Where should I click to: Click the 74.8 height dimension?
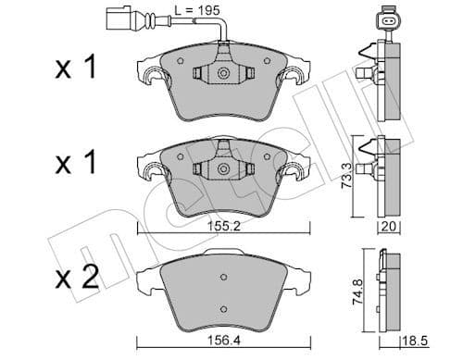[x=345, y=293]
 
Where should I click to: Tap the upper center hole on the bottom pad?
[x=223, y=277]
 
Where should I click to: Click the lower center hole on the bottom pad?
[x=223, y=309]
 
